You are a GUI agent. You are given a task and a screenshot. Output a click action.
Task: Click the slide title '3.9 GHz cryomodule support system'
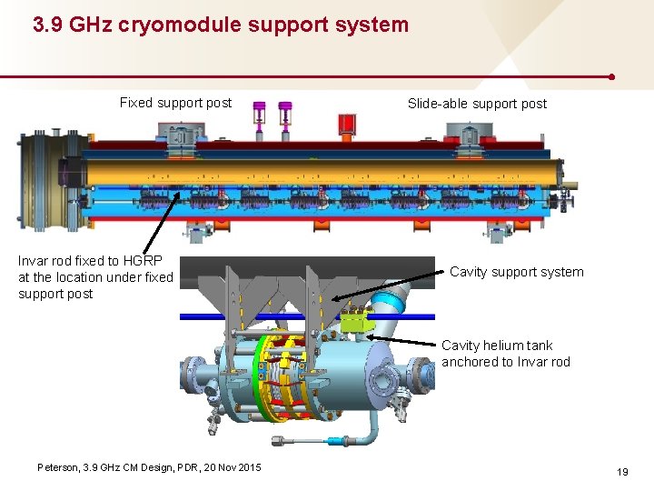pos(221,25)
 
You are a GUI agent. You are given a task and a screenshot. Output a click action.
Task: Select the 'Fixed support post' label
pos(175,103)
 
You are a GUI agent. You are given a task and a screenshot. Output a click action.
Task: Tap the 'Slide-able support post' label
pos(477,104)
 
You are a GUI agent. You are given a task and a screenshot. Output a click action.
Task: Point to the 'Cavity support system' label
pos(516,272)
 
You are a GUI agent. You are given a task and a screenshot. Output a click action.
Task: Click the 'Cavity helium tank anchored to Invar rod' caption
pos(505,354)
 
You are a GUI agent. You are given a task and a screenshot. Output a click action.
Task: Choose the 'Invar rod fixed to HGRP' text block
pos(95,277)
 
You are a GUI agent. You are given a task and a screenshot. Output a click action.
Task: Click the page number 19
pos(622,472)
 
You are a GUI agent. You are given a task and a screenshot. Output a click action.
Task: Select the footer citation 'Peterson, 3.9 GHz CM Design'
pos(149,467)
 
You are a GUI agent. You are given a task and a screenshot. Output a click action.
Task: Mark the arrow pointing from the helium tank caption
pos(404,341)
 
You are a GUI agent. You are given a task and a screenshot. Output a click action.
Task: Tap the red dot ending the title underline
pos(614,77)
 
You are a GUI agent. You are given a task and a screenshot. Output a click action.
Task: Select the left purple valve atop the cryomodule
pos(260,115)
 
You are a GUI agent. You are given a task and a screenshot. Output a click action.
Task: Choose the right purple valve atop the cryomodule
pos(286,115)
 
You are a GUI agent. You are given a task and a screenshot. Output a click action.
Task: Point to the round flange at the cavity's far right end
pos(423,373)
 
